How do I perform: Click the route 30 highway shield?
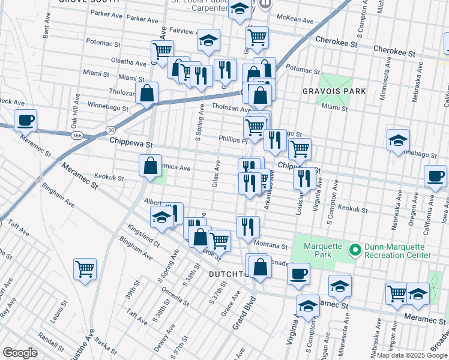pyautogui.click(x=110, y=129)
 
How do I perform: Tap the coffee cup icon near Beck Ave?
pyautogui.click(x=25, y=121)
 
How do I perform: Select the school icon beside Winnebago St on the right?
pyautogui.click(x=398, y=140)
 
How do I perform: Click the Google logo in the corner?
pyautogui.click(x=20, y=352)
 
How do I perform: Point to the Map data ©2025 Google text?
pyautogui.click(x=411, y=355)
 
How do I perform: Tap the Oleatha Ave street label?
pyautogui.click(x=128, y=63)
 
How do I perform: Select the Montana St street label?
pyautogui.click(x=267, y=244)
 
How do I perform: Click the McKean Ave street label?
pyautogui.click(x=299, y=20)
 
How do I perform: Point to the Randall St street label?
pyautogui.click(x=50, y=341)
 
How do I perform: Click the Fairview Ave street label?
pyautogui.click(x=174, y=29)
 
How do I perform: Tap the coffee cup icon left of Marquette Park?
pyautogui.click(x=298, y=274)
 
